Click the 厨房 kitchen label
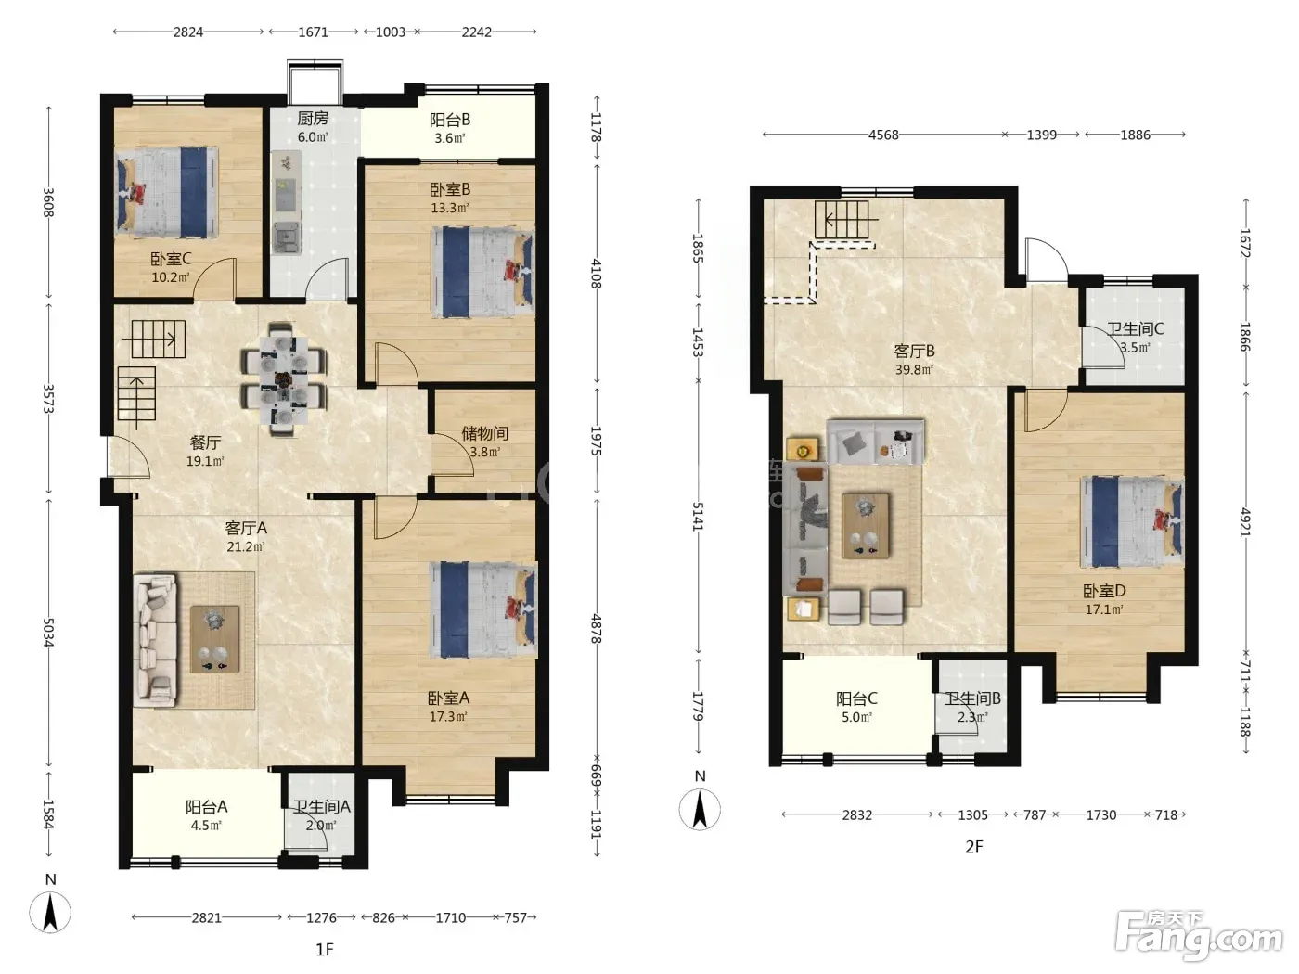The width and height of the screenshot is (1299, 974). click(313, 119)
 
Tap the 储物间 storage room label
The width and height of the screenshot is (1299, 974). click(484, 433)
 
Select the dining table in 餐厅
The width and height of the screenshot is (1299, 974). click(284, 379)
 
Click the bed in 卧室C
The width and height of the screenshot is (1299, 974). click(167, 192)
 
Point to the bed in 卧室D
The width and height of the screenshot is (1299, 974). click(1132, 521)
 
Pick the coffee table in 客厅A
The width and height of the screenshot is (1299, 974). click(215, 639)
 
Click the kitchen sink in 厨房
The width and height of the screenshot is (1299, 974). click(287, 239)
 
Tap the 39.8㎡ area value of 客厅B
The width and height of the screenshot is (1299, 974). click(914, 369)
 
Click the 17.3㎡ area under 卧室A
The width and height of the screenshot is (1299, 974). click(448, 717)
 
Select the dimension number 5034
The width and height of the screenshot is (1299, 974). click(48, 633)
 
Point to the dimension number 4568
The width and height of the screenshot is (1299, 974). click(883, 135)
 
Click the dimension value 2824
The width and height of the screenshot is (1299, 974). click(188, 32)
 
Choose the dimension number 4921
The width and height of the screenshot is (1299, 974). click(1244, 522)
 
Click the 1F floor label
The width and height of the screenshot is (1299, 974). click(325, 950)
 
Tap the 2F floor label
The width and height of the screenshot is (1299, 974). click(974, 847)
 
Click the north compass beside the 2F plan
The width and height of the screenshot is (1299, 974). click(700, 808)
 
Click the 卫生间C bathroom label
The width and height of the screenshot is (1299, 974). click(1135, 328)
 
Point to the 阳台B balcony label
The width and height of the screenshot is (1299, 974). click(450, 120)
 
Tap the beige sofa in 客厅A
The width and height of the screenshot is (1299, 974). click(156, 640)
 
